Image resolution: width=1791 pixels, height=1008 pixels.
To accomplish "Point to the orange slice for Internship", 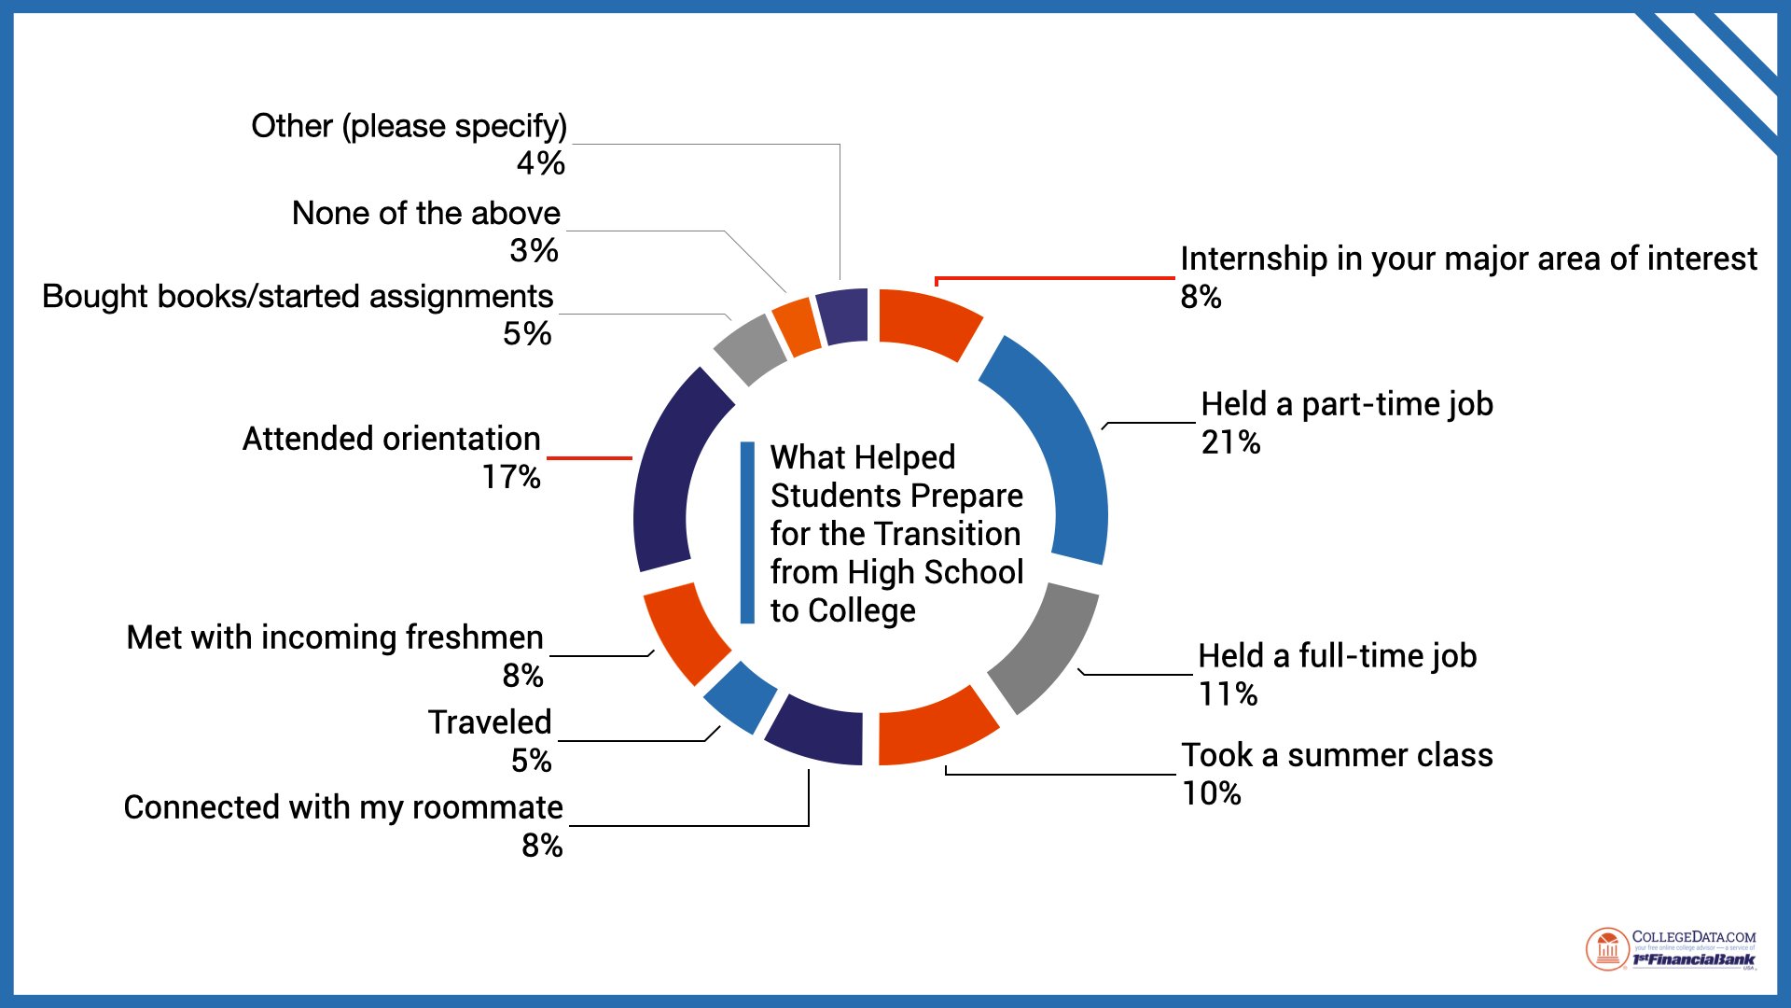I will click(928, 322).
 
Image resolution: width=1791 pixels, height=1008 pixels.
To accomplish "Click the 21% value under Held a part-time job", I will click(1230, 442).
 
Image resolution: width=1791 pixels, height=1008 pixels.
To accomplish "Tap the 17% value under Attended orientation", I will click(511, 477).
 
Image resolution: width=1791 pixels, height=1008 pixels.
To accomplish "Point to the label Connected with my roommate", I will click(343, 807).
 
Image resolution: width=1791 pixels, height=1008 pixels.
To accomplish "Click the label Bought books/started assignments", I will click(298, 297).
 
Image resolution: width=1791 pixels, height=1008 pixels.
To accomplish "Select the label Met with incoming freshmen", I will click(335, 637).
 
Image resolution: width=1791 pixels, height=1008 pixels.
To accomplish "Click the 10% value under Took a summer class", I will click(1211, 793).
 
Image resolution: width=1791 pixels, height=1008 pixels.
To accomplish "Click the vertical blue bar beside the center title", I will click(747, 532).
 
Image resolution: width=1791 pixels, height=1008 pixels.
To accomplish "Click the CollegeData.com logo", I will click(1670, 949).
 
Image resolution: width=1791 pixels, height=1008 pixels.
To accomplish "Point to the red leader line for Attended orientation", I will click(590, 458).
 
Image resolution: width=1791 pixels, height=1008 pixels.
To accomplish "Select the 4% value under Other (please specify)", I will click(540, 163).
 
